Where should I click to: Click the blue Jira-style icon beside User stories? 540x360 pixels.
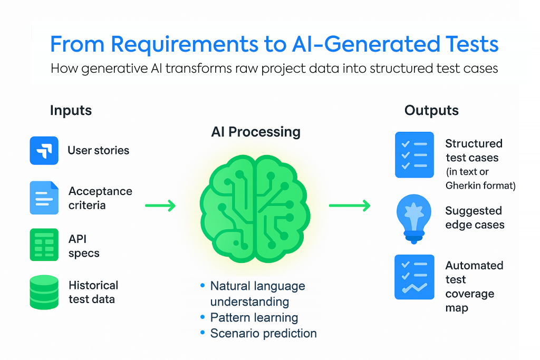[44, 150]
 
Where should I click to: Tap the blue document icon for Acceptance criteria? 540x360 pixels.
[44, 198]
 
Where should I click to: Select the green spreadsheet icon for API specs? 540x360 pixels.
[44, 245]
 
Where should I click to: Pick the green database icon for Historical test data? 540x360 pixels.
[44, 293]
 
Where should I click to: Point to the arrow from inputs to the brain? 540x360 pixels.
[160, 205]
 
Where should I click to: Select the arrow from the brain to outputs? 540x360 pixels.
[349, 205]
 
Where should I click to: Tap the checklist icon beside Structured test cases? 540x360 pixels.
[414, 155]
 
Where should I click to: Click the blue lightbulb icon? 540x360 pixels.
[413, 221]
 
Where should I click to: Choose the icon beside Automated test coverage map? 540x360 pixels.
[414, 277]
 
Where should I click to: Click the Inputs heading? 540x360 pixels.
[71, 111]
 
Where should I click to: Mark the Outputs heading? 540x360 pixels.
[431, 111]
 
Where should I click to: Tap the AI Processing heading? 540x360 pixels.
[256, 131]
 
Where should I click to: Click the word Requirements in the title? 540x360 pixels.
[185, 45]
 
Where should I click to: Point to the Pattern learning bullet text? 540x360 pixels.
[254, 318]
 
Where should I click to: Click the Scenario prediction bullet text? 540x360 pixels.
[263, 333]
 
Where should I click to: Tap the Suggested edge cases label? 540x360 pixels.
[474, 218]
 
